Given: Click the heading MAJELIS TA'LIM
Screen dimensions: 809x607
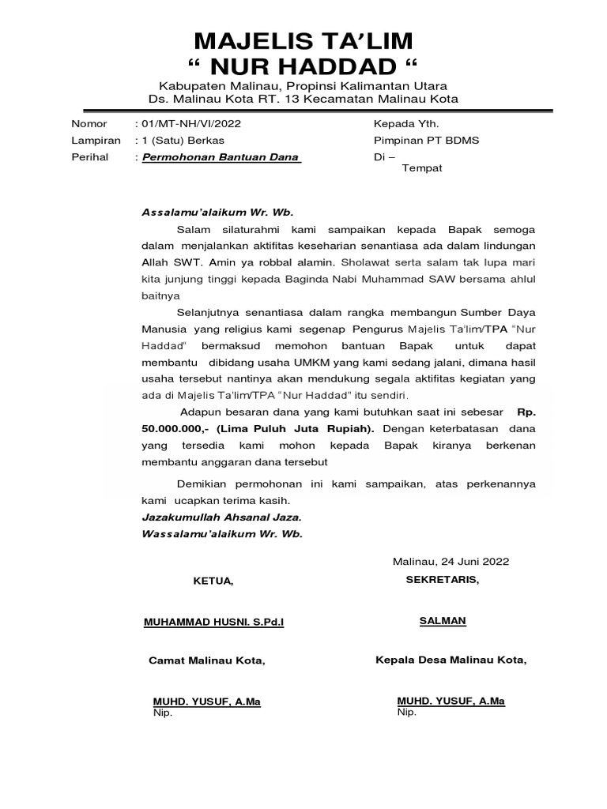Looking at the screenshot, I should coord(303,41).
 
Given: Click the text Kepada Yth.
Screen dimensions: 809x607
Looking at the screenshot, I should coord(405,124).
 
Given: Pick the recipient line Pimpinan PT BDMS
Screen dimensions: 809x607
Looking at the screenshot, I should coord(426,141).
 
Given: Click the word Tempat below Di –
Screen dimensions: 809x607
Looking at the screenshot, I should coord(423,168).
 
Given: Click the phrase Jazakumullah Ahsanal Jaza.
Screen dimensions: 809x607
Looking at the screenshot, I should coord(221,517).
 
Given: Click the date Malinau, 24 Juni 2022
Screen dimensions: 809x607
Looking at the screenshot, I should coord(451,562).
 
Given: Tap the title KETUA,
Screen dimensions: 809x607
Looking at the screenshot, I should coord(213,581).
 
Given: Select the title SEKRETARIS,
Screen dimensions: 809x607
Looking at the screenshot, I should coord(443,579).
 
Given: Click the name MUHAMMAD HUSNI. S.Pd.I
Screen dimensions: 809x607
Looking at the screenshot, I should coord(213,623).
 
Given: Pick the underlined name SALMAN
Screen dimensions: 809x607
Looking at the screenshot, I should coord(443,620).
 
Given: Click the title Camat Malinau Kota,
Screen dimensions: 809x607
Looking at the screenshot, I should coord(207,661).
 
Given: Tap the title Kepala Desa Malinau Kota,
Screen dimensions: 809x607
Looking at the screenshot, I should coord(451,660).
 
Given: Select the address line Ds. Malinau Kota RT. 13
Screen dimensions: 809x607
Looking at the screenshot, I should coord(303,99).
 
